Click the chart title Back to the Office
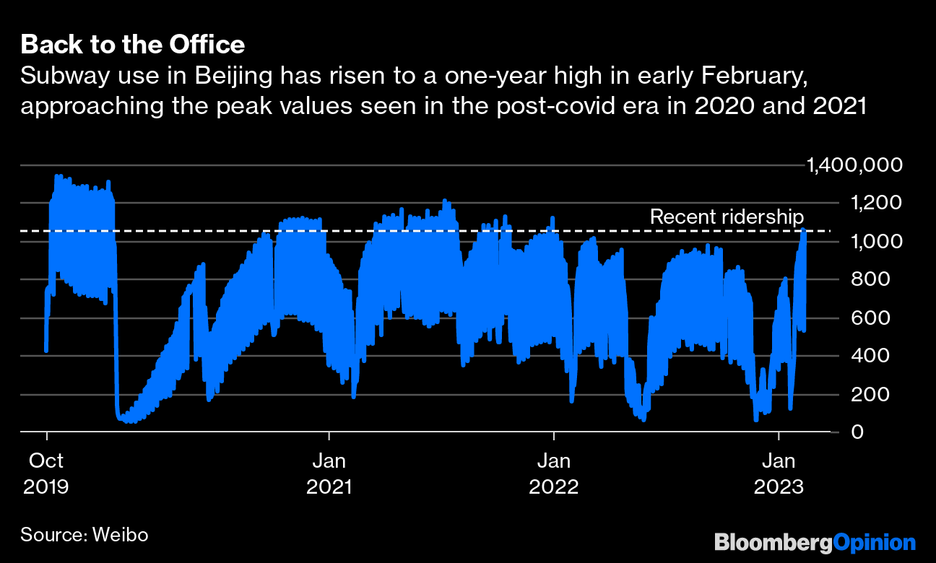[x=133, y=45]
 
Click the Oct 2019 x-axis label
[x=46, y=473]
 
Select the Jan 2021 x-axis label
[x=329, y=473]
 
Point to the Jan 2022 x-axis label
[x=554, y=473]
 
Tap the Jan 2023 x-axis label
[x=779, y=473]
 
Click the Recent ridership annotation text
[x=727, y=217]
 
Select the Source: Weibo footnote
[x=84, y=535]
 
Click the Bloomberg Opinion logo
[x=815, y=542]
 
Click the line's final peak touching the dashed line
[x=803, y=230]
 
